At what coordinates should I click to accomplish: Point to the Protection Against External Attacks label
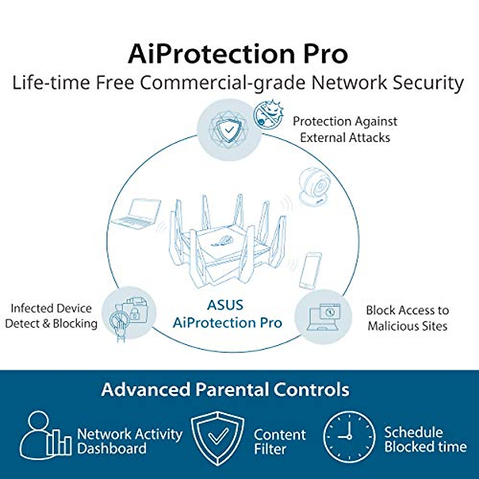(345, 129)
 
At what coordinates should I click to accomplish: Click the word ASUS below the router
(225, 305)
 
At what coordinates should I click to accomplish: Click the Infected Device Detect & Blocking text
(51, 316)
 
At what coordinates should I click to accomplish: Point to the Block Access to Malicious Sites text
(407, 318)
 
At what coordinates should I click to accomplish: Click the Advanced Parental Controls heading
(225, 390)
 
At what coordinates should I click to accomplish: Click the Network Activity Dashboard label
(129, 441)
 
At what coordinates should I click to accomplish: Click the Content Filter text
(279, 441)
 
